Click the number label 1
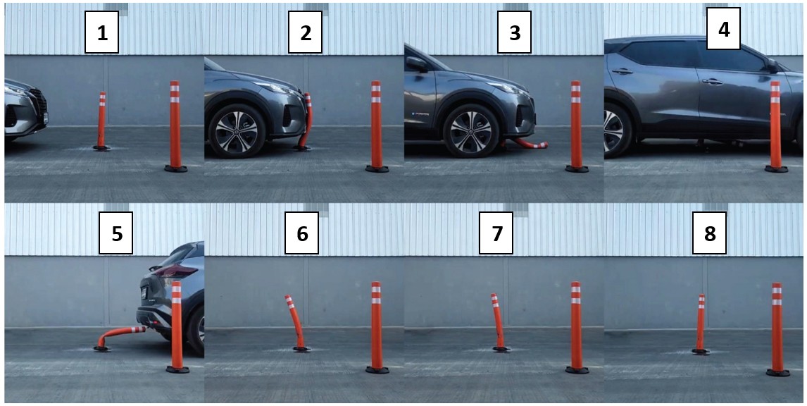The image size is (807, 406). [x=102, y=34]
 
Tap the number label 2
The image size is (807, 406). [x=305, y=34]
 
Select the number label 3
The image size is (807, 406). [x=514, y=34]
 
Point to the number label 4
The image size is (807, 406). [x=724, y=29]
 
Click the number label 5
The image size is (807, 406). [x=116, y=233]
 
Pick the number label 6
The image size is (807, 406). [x=301, y=233]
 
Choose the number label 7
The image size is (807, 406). [x=496, y=233]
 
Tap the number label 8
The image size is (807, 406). [x=709, y=233]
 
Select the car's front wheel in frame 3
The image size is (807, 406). [x=470, y=131]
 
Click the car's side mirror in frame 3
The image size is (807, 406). [x=416, y=64]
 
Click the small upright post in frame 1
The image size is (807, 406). [x=101, y=121]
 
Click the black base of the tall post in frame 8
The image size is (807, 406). [x=777, y=372]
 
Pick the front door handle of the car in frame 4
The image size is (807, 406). [x=713, y=81]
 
